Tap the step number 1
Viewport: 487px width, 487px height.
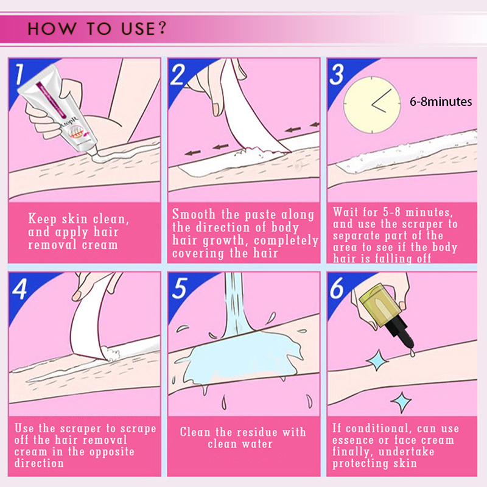coord(19,74)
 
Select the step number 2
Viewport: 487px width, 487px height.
coord(178,74)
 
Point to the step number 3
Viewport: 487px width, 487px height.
coord(337,74)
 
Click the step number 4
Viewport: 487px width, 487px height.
coord(19,289)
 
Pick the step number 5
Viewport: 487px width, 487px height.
coord(180,289)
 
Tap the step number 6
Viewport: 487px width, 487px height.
coord(337,288)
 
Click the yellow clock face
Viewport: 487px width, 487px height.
coord(372,105)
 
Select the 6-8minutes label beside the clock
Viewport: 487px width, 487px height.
coord(441,102)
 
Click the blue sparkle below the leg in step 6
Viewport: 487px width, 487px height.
coord(401,402)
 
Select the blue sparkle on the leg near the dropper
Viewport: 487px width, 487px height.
coord(377,360)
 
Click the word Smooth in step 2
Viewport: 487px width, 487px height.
coord(194,214)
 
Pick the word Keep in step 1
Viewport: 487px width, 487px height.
coord(42,219)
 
